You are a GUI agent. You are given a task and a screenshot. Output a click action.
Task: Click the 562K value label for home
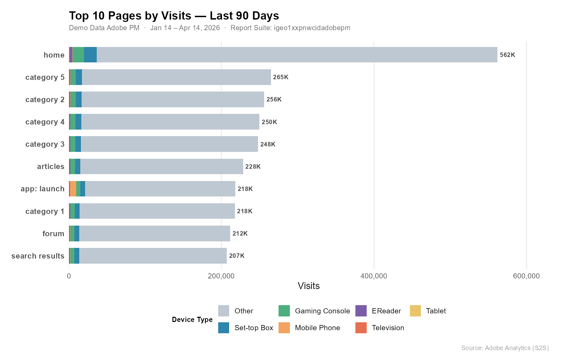[x=507, y=55]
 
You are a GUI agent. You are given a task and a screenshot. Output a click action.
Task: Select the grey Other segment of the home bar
[x=297, y=55]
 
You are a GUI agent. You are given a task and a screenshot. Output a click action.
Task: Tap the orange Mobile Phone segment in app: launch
[x=73, y=189]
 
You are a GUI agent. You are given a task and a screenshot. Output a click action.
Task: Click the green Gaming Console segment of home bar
[x=78, y=55]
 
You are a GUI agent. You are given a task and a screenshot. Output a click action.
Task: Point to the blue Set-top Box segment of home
[x=90, y=55]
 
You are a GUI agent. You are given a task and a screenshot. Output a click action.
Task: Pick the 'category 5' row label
[x=45, y=77]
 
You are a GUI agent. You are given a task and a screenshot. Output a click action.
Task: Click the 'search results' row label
[x=38, y=256]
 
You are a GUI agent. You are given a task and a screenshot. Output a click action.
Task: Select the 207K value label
[x=237, y=256]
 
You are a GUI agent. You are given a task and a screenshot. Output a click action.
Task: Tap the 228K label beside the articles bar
[x=253, y=167]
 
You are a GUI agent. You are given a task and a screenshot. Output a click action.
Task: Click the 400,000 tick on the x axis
[x=374, y=276]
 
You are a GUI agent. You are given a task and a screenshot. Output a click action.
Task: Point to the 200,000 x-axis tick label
[x=221, y=276]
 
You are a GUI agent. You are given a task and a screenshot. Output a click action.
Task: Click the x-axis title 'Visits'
[x=308, y=286]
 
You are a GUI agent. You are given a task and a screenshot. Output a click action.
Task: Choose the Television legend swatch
[x=361, y=328]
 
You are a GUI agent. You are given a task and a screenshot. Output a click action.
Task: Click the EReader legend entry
[x=386, y=311]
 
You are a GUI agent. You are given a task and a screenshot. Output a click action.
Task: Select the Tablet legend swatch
[x=415, y=311]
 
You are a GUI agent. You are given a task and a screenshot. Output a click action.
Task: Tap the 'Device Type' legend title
[x=192, y=320]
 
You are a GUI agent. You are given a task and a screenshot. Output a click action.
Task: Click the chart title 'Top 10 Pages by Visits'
[x=174, y=16]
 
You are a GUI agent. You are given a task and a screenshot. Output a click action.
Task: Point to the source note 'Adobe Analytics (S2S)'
[x=505, y=348]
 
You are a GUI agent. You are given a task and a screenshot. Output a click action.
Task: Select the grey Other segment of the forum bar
[x=154, y=233]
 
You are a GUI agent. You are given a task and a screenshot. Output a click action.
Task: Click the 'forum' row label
[x=53, y=233]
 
